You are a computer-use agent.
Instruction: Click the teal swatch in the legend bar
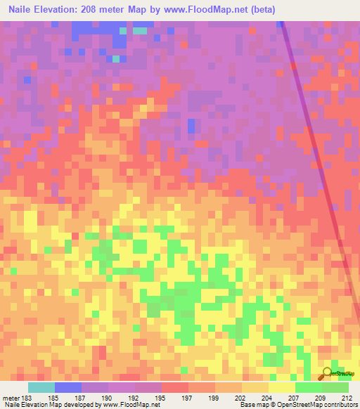tap(41, 387)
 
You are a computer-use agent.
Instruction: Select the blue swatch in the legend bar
tap(68, 387)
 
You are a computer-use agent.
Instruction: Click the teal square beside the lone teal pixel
tap(141, 30)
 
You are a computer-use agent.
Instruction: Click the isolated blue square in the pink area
tap(191, 126)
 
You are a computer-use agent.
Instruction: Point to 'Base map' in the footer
tap(252, 405)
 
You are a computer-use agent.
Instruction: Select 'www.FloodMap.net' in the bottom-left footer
tap(131, 405)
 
